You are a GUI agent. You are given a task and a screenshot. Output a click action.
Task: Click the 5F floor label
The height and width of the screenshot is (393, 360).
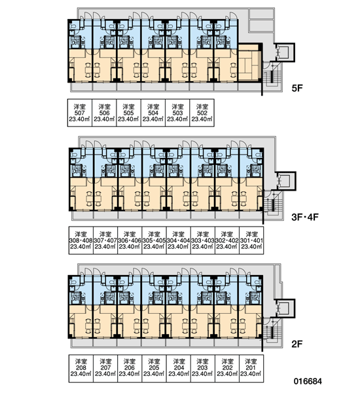pos(297,88)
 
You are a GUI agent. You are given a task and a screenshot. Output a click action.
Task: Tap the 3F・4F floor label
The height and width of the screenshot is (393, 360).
pos(305,217)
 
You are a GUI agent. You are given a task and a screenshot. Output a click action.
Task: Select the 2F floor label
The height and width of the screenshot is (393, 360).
pos(297,344)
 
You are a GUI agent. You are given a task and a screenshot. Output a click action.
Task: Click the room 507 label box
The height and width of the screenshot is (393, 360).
pos(80,113)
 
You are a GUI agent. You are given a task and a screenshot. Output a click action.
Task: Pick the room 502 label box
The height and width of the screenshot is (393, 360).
pos(202,113)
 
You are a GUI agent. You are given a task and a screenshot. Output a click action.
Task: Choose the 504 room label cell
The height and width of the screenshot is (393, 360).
pos(153,113)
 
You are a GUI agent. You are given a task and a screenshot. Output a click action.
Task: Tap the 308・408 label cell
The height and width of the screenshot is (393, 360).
pos(81,240)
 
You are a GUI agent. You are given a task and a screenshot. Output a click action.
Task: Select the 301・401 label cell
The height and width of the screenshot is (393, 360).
pos(251,240)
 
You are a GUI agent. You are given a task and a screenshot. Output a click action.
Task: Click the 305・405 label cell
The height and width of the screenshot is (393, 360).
pos(154,240)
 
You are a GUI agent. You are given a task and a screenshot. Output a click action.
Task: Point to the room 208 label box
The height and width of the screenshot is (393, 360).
pos(81,368)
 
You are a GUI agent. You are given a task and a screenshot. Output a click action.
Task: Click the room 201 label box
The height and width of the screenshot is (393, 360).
pos(251,368)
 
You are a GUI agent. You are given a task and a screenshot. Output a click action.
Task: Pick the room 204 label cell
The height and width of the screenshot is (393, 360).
pos(179,368)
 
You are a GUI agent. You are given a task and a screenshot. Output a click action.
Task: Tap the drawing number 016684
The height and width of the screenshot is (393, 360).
pos(308,381)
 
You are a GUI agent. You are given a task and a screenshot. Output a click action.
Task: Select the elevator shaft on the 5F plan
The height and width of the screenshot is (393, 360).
pos(285,52)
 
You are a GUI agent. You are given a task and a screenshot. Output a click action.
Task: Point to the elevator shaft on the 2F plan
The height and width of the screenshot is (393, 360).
pos(285,309)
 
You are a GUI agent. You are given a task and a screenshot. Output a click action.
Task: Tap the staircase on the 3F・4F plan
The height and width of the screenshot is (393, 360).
pos(272,204)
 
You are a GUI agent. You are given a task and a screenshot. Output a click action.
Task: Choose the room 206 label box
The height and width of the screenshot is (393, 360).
pos(130,368)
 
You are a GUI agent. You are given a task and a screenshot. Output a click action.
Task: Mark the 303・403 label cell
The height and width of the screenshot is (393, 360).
pos(203,240)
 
